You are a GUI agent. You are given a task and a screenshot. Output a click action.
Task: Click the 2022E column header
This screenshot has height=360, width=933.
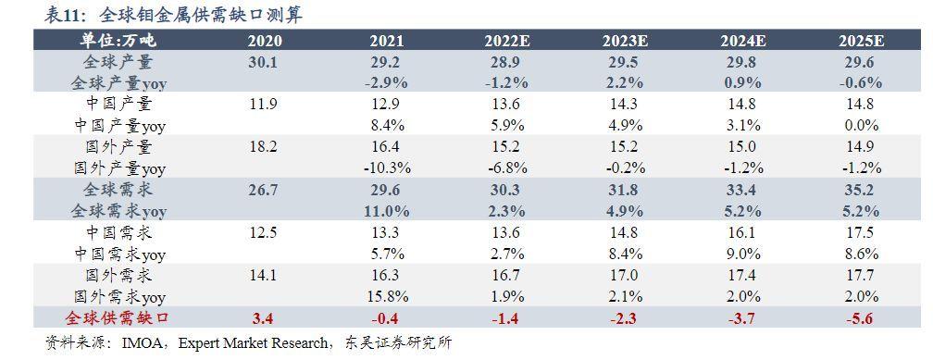(505, 41)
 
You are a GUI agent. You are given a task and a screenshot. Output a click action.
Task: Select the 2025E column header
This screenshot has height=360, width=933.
(862, 41)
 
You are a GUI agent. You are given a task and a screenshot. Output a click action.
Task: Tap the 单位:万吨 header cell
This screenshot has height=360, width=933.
(118, 41)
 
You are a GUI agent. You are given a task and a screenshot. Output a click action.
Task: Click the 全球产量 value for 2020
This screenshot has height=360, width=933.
(264, 62)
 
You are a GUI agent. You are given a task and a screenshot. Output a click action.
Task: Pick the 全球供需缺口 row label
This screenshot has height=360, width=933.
(118, 319)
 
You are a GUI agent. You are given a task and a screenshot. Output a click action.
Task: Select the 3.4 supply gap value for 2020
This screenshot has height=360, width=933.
(264, 319)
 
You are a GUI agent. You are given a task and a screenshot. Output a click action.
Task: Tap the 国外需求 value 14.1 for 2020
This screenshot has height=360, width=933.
(264, 276)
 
